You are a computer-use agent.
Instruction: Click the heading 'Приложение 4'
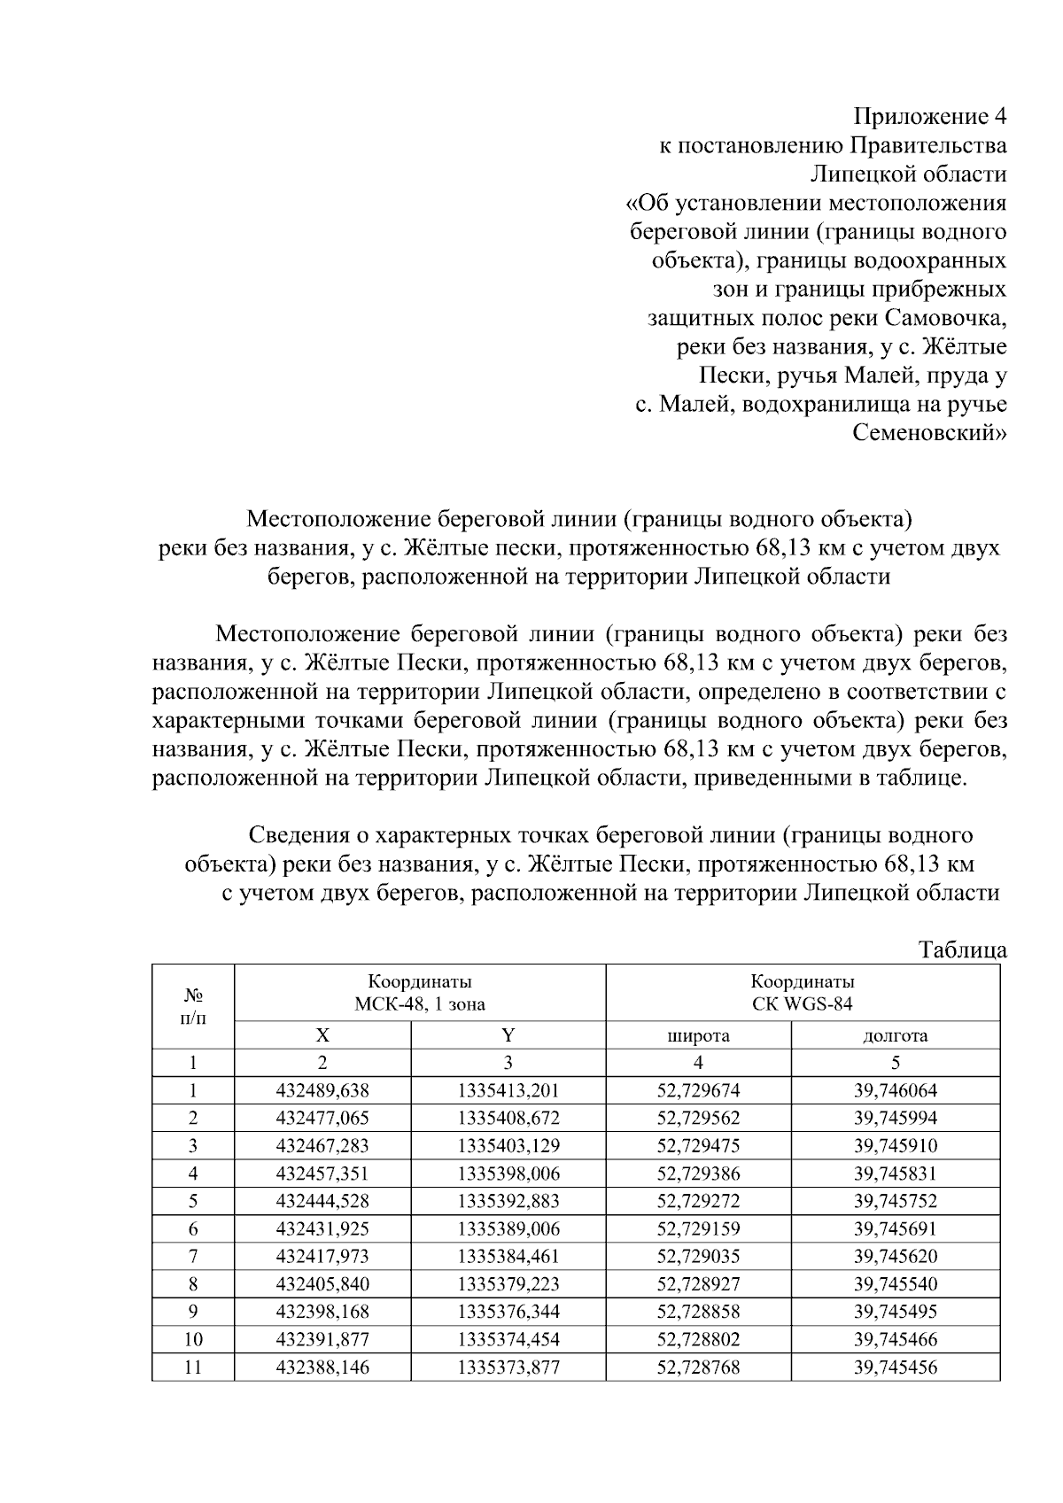point(929,116)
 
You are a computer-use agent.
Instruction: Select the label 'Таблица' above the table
point(963,950)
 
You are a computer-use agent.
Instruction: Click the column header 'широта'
point(698,1035)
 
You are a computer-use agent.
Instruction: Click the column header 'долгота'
point(895,1035)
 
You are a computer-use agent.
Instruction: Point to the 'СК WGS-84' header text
point(803,1003)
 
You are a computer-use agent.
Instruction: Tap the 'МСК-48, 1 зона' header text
point(420,1003)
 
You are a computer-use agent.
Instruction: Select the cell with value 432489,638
point(322,1091)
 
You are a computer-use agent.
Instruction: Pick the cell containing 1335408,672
point(508,1119)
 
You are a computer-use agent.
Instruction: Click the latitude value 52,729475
point(698,1146)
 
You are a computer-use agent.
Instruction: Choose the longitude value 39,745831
point(895,1174)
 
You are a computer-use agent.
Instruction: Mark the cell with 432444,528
point(322,1201)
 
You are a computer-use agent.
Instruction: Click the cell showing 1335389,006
point(508,1228)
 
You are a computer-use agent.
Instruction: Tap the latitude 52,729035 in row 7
point(698,1256)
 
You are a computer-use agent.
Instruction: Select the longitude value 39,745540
point(895,1283)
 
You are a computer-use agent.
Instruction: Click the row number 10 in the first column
point(193,1339)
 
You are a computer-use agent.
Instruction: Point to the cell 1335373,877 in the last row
point(508,1367)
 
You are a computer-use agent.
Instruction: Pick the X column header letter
point(322,1035)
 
